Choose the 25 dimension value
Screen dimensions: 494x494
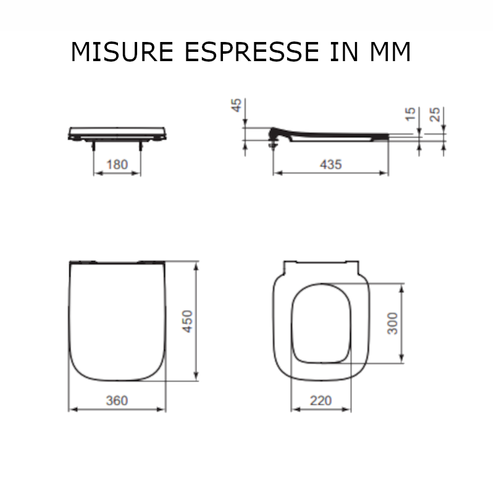[x=435, y=114]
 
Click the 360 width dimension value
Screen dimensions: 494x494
[x=117, y=401]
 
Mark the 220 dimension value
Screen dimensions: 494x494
[x=320, y=401]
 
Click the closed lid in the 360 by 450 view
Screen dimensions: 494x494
[x=117, y=321]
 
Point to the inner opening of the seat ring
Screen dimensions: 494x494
[x=320, y=323]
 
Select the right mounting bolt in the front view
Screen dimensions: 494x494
[x=141, y=145]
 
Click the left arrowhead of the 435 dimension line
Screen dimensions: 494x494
[x=276, y=173]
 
